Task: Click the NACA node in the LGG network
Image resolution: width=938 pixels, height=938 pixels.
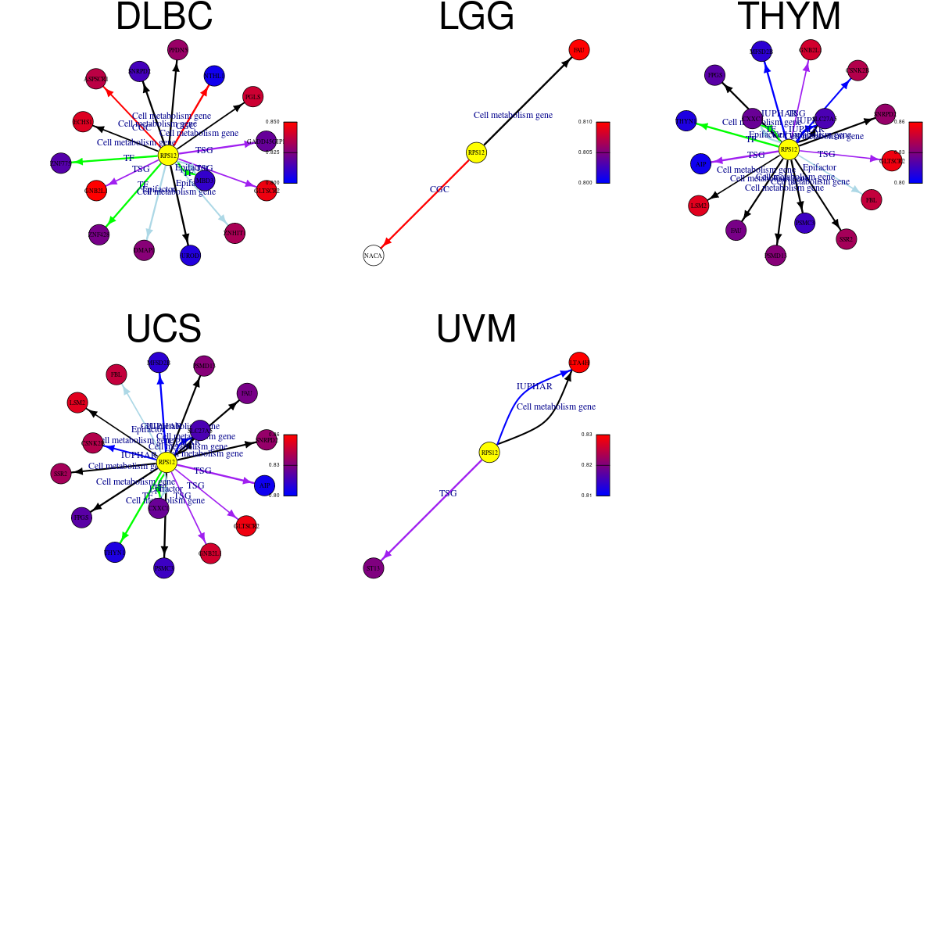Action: pyautogui.click(x=374, y=256)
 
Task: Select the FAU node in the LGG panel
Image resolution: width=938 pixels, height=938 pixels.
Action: pyautogui.click(x=579, y=50)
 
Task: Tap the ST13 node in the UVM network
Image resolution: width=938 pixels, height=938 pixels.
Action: pyautogui.click(x=374, y=568)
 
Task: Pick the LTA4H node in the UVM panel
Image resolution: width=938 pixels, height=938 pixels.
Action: pyautogui.click(x=579, y=363)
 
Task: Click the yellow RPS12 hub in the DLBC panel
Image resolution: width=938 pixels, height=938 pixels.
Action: pyautogui.click(x=168, y=156)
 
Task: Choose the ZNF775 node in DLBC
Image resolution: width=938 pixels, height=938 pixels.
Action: pyautogui.click(x=60, y=163)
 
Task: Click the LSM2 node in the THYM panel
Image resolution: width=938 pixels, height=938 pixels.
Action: pyautogui.click(x=699, y=206)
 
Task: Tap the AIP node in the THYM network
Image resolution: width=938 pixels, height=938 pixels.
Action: pyautogui.click(x=701, y=164)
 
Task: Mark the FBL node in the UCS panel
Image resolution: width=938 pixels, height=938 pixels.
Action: pyautogui.click(x=116, y=374)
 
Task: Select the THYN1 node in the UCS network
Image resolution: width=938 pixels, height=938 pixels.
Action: pyautogui.click(x=115, y=553)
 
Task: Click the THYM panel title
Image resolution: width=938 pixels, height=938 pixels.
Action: pyautogui.click(x=789, y=17)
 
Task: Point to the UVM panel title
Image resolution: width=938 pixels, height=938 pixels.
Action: pyautogui.click(x=476, y=329)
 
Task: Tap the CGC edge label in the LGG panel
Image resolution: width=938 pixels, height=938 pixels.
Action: pyautogui.click(x=439, y=189)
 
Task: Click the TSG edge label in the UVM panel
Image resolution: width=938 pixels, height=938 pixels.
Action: pyautogui.click(x=448, y=493)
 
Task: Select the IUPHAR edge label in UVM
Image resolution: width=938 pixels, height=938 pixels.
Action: pyautogui.click(x=534, y=386)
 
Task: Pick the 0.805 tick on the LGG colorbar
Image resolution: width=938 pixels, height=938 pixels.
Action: pyautogui.click(x=586, y=152)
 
